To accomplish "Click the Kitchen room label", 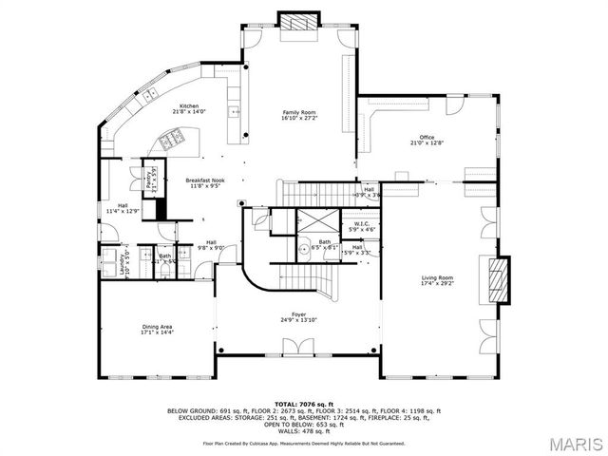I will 189,105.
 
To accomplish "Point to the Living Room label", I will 438,276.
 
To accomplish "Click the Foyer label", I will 298,313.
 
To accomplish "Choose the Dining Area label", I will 157,326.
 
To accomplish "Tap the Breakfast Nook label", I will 204,180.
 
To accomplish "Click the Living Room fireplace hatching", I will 498,281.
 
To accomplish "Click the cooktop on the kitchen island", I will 172,142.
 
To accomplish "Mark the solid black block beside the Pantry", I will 161,208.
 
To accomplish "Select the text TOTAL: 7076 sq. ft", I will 304,404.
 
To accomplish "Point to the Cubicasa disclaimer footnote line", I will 304,443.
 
